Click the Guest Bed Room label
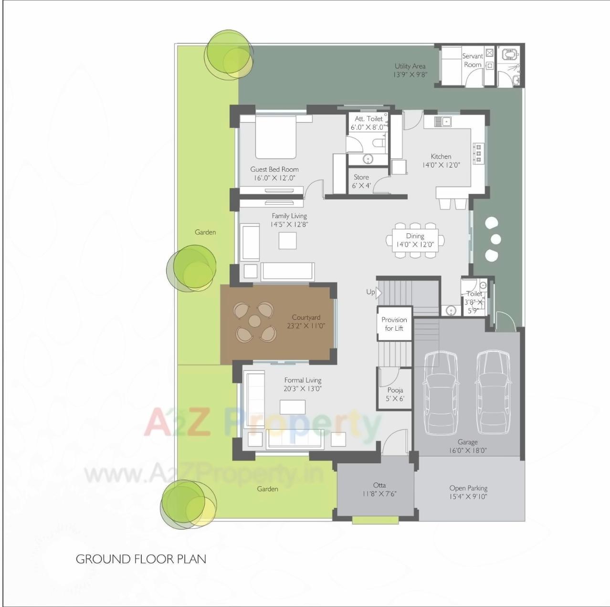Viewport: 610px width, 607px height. coord(274,169)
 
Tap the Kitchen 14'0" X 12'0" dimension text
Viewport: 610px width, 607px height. coord(441,165)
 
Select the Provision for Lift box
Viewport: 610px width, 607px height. coord(394,324)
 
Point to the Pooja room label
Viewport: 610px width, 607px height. coord(395,390)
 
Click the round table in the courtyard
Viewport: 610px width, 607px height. coord(255,321)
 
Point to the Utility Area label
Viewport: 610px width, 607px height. coord(410,66)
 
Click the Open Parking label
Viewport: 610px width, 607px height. coord(468,488)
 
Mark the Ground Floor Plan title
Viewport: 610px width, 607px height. coord(141,559)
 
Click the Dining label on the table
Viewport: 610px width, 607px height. coord(415,236)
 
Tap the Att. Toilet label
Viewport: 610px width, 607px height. coord(368,119)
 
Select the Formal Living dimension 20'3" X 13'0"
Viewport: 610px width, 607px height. coord(303,388)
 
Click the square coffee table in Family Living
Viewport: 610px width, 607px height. coord(287,240)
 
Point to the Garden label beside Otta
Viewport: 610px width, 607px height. coord(267,489)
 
